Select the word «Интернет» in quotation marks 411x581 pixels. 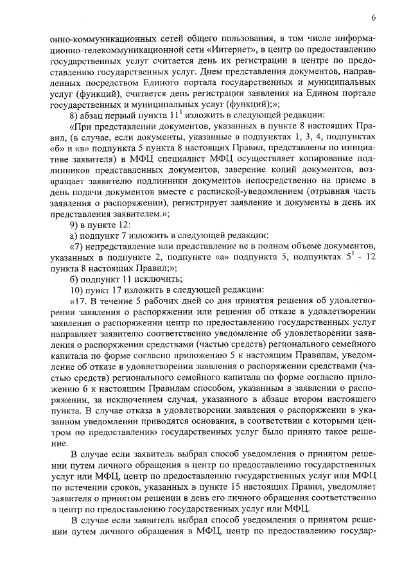click(229, 49)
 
